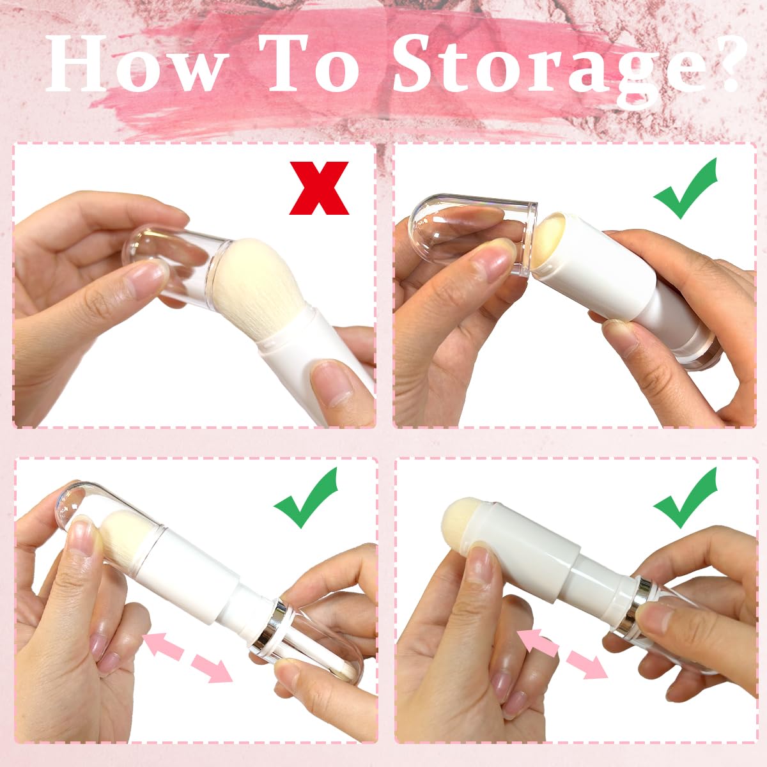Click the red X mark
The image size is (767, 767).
(319, 188)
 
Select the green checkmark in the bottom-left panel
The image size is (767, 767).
(306, 500)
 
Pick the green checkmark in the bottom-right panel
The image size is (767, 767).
(685, 500)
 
